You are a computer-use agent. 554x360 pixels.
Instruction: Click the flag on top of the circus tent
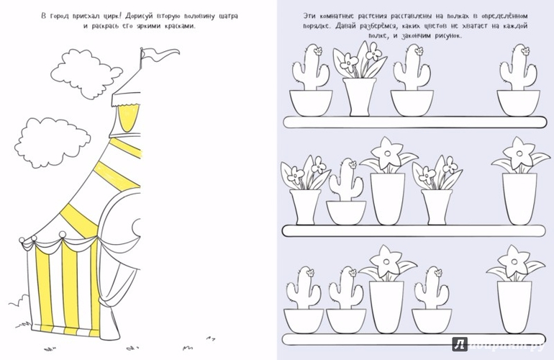pyautogui.click(x=158, y=54)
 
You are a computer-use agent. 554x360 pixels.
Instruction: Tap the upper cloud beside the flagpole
pyautogui.click(x=86, y=73)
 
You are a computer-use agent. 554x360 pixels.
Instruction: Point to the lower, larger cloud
pyautogui.click(x=52, y=142)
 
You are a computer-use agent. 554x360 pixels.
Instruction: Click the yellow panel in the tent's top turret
pyautogui.click(x=128, y=118)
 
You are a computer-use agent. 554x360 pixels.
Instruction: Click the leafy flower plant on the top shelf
pyautogui.click(x=360, y=78)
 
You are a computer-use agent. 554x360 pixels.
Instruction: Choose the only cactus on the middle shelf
pyautogui.click(x=346, y=192)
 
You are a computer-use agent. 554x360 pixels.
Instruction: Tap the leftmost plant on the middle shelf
pyautogui.click(x=305, y=190)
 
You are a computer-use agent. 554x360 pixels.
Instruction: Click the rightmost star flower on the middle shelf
pyautogui.click(x=519, y=181)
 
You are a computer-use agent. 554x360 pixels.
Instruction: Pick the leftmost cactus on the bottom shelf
pyautogui.click(x=304, y=300)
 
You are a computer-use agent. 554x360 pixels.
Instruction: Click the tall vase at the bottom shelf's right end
pyautogui.click(x=514, y=307)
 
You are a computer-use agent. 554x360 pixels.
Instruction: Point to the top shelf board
pyautogui.click(x=415, y=122)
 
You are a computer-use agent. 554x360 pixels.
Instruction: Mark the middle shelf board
pyautogui.click(x=414, y=231)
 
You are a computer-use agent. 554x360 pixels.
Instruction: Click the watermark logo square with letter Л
pyautogui.click(x=460, y=344)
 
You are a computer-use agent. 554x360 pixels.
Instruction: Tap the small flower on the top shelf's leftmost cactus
pyautogui.click(x=317, y=51)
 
